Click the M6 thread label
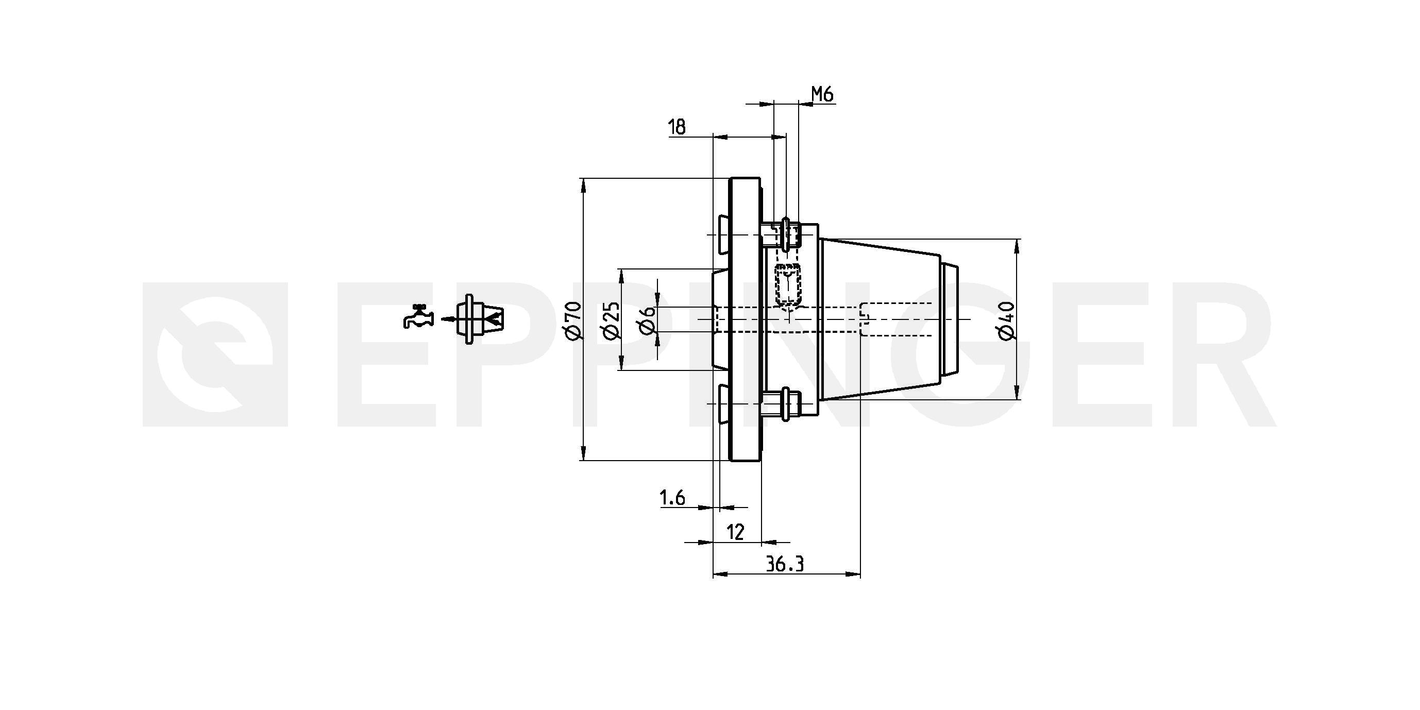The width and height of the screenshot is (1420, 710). pyautogui.click(x=822, y=95)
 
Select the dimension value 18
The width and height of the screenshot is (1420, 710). pyautogui.click(x=677, y=127)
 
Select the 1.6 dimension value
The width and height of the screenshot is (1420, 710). pyautogui.click(x=672, y=498)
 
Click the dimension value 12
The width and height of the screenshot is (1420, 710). pyautogui.click(x=736, y=533)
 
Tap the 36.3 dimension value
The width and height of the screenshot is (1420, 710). pyautogui.click(x=785, y=565)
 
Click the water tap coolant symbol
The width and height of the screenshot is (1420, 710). pyautogui.click(x=418, y=317)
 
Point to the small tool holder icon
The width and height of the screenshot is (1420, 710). pyautogui.click(x=479, y=319)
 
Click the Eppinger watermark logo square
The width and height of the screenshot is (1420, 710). pyautogui.click(x=215, y=354)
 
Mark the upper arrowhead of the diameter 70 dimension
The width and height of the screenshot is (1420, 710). pyautogui.click(x=583, y=184)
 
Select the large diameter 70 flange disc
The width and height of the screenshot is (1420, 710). pyautogui.click(x=745, y=319)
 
